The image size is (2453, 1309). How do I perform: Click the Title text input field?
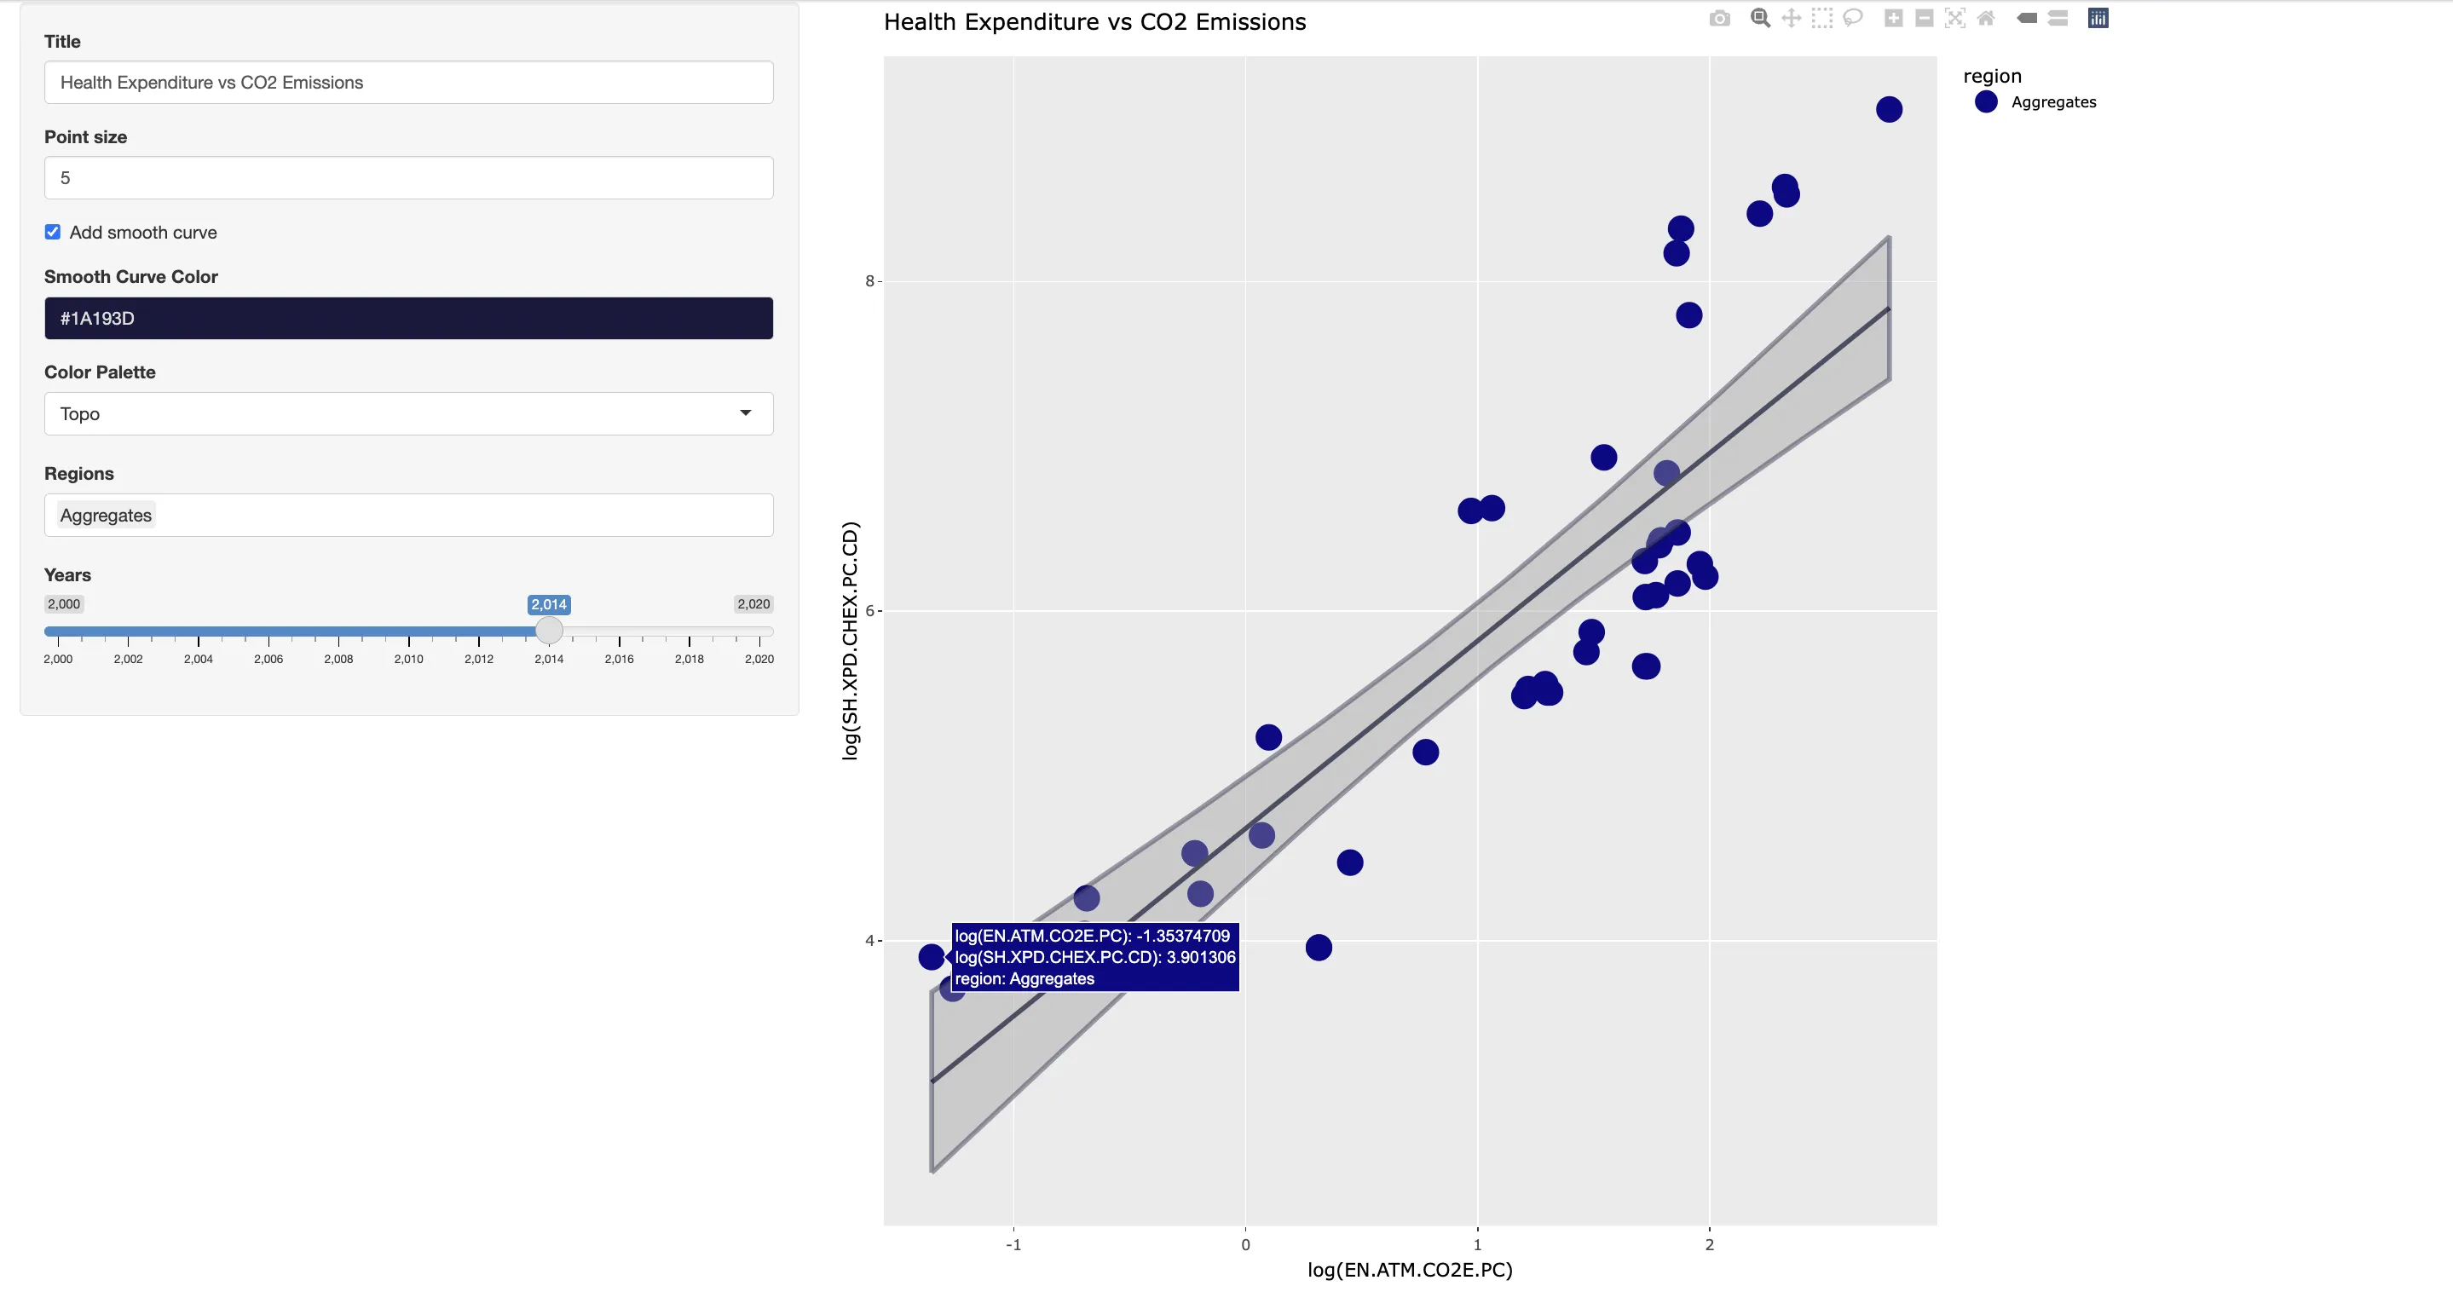[x=407, y=83]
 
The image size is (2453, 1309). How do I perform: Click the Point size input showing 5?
[x=407, y=178]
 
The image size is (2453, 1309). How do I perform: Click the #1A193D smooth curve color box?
[x=407, y=318]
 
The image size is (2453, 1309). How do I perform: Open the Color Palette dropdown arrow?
[x=745, y=413]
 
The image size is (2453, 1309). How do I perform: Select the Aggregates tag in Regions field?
[x=106, y=516]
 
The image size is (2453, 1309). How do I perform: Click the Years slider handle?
[x=549, y=631]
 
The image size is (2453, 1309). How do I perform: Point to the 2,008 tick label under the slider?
[x=338, y=659]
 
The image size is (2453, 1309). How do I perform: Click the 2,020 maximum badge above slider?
[x=753, y=603]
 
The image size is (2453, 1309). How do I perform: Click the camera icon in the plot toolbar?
[x=1719, y=18]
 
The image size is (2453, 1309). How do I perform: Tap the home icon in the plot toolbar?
[x=1985, y=18]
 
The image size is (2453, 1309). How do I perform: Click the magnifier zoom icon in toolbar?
[x=1760, y=18]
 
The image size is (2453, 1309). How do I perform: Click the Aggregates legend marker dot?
[x=1985, y=102]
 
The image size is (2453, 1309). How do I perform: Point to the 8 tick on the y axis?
[x=869, y=281]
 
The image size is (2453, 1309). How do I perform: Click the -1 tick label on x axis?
[x=1013, y=1244]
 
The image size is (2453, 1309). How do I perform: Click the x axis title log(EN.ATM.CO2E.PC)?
[x=1410, y=1270]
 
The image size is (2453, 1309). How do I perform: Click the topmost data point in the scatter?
[x=1888, y=109]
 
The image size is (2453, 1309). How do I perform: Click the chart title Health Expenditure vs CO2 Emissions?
[x=1094, y=22]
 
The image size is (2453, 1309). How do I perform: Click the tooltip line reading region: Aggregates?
[x=1024, y=978]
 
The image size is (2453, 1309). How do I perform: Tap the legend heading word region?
[x=1992, y=76]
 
